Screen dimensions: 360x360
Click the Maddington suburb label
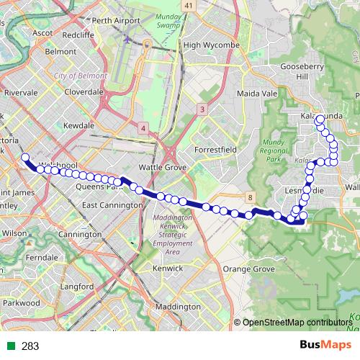[177, 306]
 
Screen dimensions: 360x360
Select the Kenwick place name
[167, 268]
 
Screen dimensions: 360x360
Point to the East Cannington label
[112, 205]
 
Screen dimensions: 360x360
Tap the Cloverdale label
[84, 92]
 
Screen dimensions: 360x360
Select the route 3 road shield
[202, 109]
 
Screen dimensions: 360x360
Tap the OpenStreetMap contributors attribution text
[295, 322]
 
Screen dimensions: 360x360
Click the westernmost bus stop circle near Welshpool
[25, 157]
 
